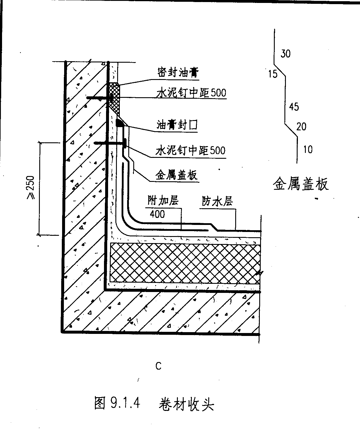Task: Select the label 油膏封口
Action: coord(177,125)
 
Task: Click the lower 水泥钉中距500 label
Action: coord(191,151)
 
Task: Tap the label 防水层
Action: coord(217,202)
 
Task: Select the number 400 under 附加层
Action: coord(157,214)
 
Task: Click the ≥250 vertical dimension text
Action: coord(30,188)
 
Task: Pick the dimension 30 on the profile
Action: coord(285,54)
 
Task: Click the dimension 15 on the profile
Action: coord(272,74)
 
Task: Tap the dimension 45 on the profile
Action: coord(294,107)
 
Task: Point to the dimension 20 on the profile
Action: coord(301,127)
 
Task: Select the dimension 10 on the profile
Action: coord(308,150)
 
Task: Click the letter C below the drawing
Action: coord(158,366)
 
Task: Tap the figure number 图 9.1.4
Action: coord(117,403)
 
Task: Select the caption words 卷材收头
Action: coord(186,404)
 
